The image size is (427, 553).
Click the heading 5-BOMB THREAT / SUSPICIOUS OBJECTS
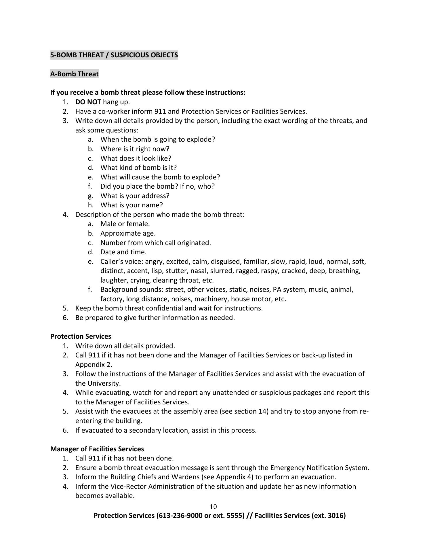[114, 55]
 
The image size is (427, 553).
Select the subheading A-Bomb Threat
[74, 74]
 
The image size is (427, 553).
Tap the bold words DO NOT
[88, 102]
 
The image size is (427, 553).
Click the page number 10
[213, 507]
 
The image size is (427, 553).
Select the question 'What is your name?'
[131, 205]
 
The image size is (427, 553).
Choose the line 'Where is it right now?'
[135, 149]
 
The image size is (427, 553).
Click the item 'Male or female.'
[125, 224]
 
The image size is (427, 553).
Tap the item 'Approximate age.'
[128, 233]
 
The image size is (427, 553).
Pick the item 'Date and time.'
[123, 252]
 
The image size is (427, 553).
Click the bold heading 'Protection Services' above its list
[81, 336]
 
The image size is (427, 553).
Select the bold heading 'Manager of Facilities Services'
[97, 449]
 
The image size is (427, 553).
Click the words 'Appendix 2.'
[94, 365]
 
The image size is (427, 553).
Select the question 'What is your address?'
[135, 196]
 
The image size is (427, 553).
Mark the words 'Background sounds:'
[132, 289]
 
